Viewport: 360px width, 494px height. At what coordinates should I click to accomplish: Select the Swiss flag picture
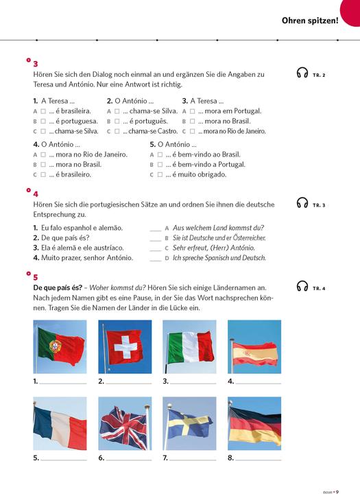pos(124,346)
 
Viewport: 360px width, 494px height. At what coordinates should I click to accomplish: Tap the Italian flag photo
pos(189,346)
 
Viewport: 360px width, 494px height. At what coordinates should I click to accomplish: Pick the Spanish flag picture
pos(254,346)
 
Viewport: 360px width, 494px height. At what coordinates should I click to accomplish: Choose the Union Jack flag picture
pos(124,423)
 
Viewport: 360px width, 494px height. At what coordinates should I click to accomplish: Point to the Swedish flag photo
pos(189,423)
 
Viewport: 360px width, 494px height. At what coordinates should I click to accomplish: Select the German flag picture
pos(254,423)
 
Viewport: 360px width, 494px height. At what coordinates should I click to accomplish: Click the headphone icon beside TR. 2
pos(302,73)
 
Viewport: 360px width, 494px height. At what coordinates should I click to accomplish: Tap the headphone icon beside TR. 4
pos(302,287)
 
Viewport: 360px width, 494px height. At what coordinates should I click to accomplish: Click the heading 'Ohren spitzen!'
pos(310,21)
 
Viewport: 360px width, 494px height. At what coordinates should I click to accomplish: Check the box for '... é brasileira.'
pos(43,110)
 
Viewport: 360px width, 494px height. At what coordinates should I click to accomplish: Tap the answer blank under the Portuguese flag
pos(63,381)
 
